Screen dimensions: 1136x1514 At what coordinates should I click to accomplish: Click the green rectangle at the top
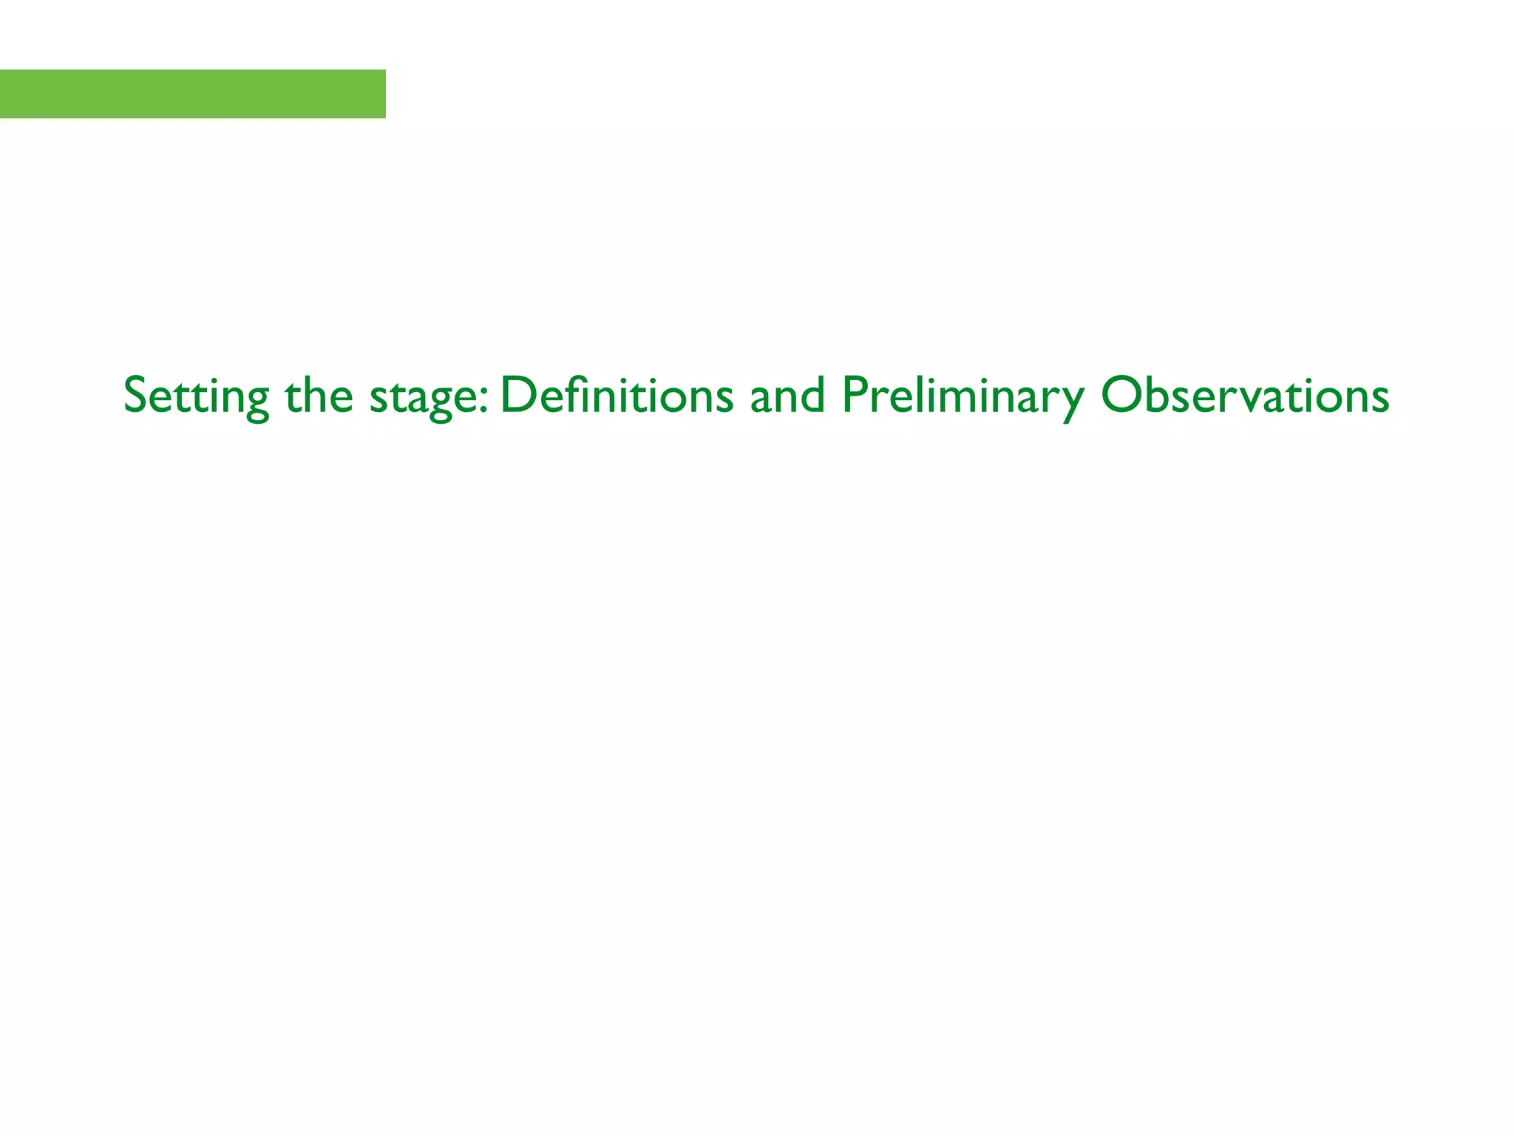[192, 94]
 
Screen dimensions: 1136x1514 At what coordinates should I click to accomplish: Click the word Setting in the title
[196, 396]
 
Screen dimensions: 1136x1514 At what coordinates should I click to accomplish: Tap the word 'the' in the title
[319, 396]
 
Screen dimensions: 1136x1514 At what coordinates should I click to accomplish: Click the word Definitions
[617, 396]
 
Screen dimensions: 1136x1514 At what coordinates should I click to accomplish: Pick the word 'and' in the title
[787, 396]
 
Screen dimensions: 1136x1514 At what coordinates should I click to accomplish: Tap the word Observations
[1245, 396]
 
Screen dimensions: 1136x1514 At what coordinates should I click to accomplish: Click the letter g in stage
[441, 403]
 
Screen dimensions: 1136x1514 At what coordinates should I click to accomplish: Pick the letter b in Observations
[1158, 393]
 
